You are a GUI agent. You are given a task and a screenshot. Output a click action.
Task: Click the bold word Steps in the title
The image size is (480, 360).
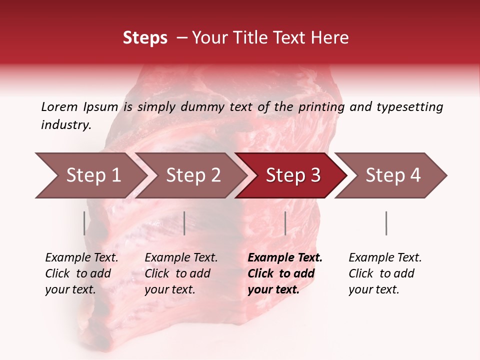[x=145, y=38]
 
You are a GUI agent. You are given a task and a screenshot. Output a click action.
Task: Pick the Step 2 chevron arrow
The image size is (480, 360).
[x=192, y=175]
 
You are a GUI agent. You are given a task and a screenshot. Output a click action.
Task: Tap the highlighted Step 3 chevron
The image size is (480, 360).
[x=292, y=175]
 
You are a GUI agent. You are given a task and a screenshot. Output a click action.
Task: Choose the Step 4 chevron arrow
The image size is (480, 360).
[x=392, y=175]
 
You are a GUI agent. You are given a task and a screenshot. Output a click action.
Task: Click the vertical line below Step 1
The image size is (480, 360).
[x=84, y=223]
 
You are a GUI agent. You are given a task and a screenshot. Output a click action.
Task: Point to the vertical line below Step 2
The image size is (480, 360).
[x=184, y=223]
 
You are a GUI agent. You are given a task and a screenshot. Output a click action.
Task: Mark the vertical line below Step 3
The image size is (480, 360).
[x=285, y=223]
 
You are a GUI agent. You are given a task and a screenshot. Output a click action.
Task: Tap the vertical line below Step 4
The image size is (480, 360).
[x=386, y=223]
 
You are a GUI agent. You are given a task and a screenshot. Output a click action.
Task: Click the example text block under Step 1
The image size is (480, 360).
[x=81, y=273]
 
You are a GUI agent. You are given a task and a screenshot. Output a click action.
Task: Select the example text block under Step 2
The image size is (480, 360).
[x=181, y=273]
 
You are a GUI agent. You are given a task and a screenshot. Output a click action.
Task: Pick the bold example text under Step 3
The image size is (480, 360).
[x=285, y=273]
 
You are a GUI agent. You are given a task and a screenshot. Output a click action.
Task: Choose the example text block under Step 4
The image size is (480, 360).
[x=385, y=273]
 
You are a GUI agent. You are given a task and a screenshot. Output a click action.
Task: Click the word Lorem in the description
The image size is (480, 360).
[x=59, y=107]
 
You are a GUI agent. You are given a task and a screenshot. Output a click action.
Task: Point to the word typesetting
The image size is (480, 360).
[x=409, y=107]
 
